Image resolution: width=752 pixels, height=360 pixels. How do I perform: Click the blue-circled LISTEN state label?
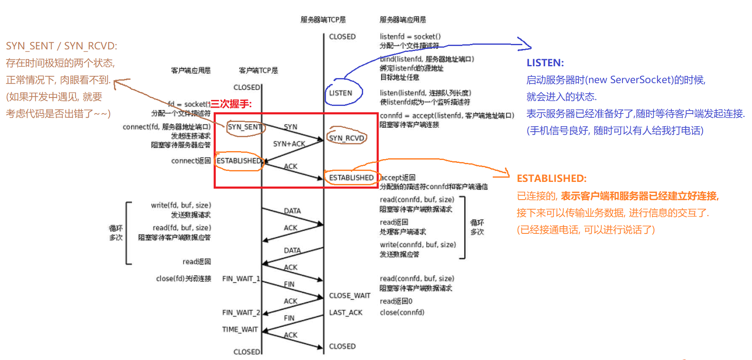[x=341, y=93]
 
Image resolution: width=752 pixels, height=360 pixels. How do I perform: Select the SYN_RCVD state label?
[x=346, y=138]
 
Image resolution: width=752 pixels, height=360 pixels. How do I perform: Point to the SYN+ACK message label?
[x=289, y=144]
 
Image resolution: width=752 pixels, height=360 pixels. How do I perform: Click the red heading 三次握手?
[x=231, y=104]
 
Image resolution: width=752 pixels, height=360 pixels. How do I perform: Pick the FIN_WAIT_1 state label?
[x=241, y=279]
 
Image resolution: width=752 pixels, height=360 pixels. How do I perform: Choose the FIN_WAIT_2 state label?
[x=241, y=312]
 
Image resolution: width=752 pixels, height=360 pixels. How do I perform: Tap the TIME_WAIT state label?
[x=240, y=329]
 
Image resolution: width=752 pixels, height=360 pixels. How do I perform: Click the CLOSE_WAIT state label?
[x=350, y=295]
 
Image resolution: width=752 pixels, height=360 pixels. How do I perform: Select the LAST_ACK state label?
[x=346, y=312]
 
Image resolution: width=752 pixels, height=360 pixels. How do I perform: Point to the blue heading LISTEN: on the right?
[x=545, y=63]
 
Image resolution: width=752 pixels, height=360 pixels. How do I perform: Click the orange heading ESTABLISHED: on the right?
[x=551, y=179]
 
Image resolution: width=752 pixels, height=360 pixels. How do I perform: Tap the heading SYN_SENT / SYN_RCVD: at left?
[x=62, y=46]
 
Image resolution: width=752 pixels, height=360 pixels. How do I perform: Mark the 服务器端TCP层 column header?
[x=323, y=20]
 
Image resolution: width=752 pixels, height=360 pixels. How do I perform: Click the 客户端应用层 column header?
[x=191, y=70]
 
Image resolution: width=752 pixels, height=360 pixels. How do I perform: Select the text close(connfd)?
[x=402, y=312]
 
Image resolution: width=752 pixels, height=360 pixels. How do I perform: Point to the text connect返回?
[x=191, y=161]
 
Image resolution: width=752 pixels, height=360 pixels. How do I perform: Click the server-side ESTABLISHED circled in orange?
[x=351, y=178]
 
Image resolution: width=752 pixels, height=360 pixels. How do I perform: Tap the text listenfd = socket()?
[x=410, y=37]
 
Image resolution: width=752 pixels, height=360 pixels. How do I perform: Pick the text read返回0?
[x=396, y=301]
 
